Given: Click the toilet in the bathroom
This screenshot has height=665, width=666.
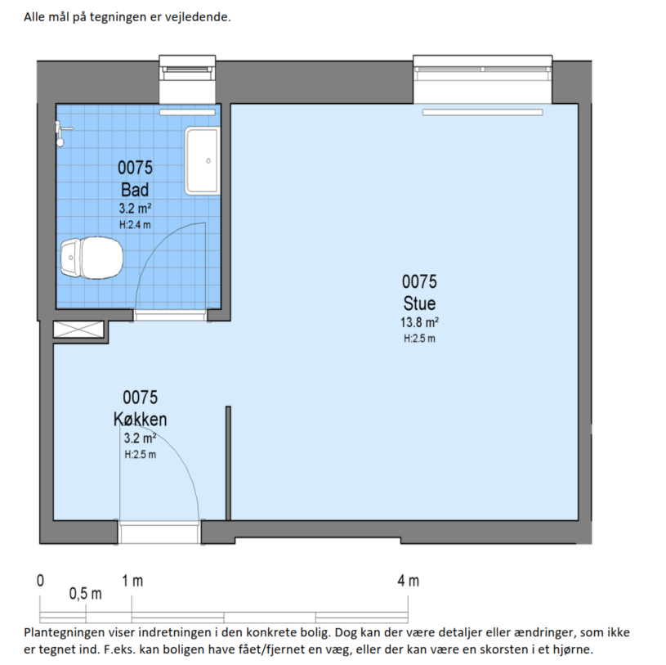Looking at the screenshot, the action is (x=92, y=258).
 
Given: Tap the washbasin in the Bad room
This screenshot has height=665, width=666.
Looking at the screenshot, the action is (x=202, y=160).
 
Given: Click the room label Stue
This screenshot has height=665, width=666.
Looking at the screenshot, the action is (x=419, y=303).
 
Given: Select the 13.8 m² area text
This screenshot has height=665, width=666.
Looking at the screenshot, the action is (x=419, y=322).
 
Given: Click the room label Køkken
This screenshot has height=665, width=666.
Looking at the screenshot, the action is (x=141, y=420).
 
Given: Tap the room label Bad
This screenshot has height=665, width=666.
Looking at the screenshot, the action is (x=135, y=190).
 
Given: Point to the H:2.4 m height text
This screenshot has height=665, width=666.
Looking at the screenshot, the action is (x=135, y=224).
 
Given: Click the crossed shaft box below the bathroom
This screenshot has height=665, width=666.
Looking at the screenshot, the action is (x=78, y=330).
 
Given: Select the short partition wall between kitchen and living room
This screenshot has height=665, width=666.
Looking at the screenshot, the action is (x=228, y=463).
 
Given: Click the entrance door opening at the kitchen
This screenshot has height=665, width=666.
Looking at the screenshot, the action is (x=159, y=532).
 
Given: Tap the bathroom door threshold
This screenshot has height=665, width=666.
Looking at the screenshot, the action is (x=170, y=315).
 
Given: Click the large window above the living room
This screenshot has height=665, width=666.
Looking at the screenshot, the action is (x=482, y=79).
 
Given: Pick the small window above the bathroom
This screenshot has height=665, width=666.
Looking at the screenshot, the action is (x=187, y=79).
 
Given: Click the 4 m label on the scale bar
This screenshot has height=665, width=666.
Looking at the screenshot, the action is (x=408, y=581).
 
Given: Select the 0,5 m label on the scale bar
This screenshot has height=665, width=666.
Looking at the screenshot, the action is (x=85, y=594).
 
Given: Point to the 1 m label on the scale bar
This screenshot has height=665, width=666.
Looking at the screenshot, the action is (x=132, y=581).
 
